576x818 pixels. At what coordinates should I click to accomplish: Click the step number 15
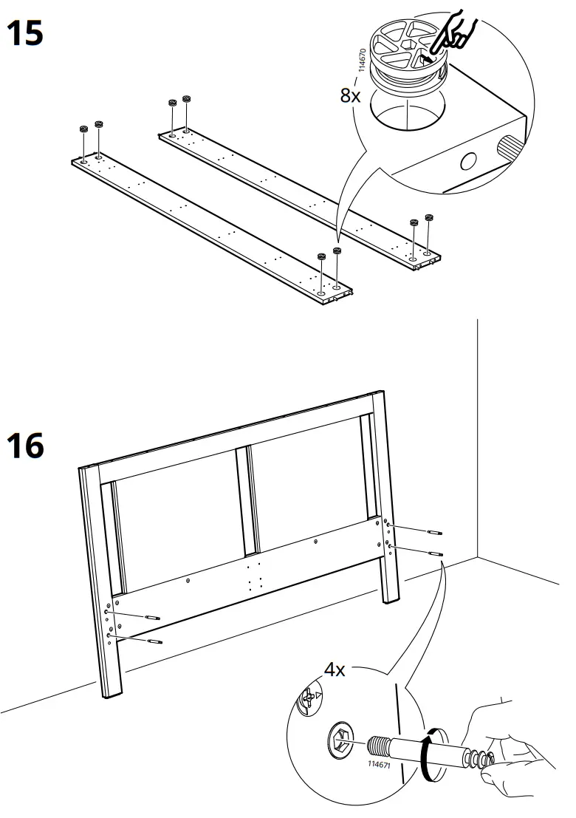pyautogui.click(x=25, y=33)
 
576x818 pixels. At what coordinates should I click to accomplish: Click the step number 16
pyautogui.click(x=25, y=446)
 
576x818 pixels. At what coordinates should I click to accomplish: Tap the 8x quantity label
pyautogui.click(x=350, y=95)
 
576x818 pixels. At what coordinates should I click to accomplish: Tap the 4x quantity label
pyautogui.click(x=335, y=669)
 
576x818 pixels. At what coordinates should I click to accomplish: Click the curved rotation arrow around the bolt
pyautogui.click(x=427, y=754)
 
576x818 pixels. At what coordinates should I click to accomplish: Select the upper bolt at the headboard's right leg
pyautogui.click(x=434, y=532)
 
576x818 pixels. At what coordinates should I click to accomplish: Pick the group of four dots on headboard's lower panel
pyautogui.click(x=255, y=576)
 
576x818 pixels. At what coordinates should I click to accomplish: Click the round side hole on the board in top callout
pyautogui.click(x=467, y=160)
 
